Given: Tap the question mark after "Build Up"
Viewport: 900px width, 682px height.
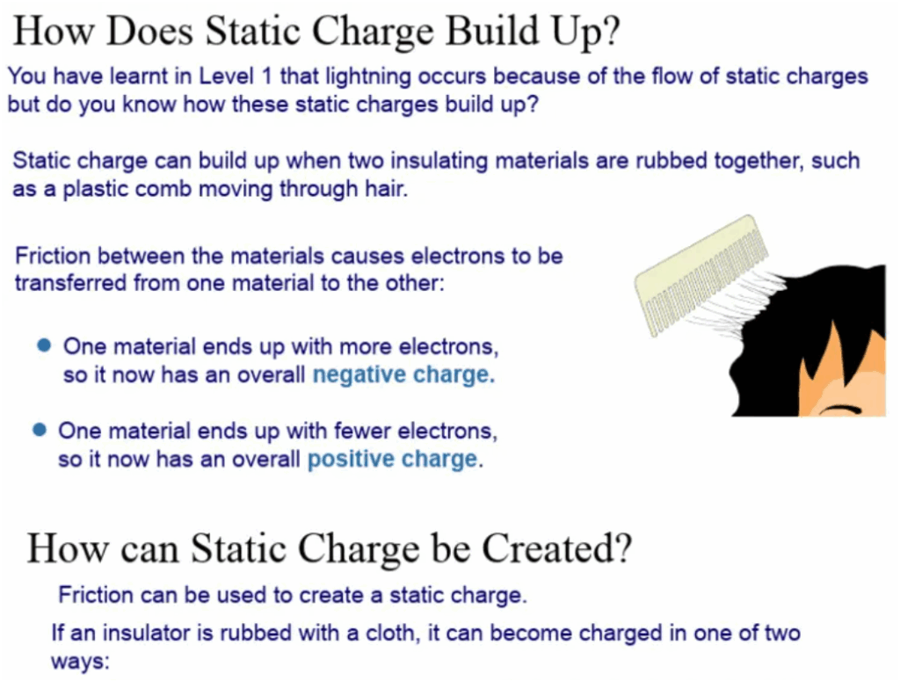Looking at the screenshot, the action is (611, 30).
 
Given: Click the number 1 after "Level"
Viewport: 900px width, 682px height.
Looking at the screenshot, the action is (265, 76).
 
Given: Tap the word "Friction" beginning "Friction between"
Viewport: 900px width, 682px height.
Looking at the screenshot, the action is (53, 256).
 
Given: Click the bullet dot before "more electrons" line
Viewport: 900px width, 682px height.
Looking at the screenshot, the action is (44, 345).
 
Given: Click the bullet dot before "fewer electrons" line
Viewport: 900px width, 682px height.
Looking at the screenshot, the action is (40, 430).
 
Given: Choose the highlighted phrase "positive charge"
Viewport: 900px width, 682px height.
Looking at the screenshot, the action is (393, 460).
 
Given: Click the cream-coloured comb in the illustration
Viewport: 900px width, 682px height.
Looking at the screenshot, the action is (700, 276).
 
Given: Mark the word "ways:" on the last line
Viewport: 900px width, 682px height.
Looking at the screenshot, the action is (80, 662).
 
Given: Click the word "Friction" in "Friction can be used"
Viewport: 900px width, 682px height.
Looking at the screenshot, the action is (96, 595).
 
